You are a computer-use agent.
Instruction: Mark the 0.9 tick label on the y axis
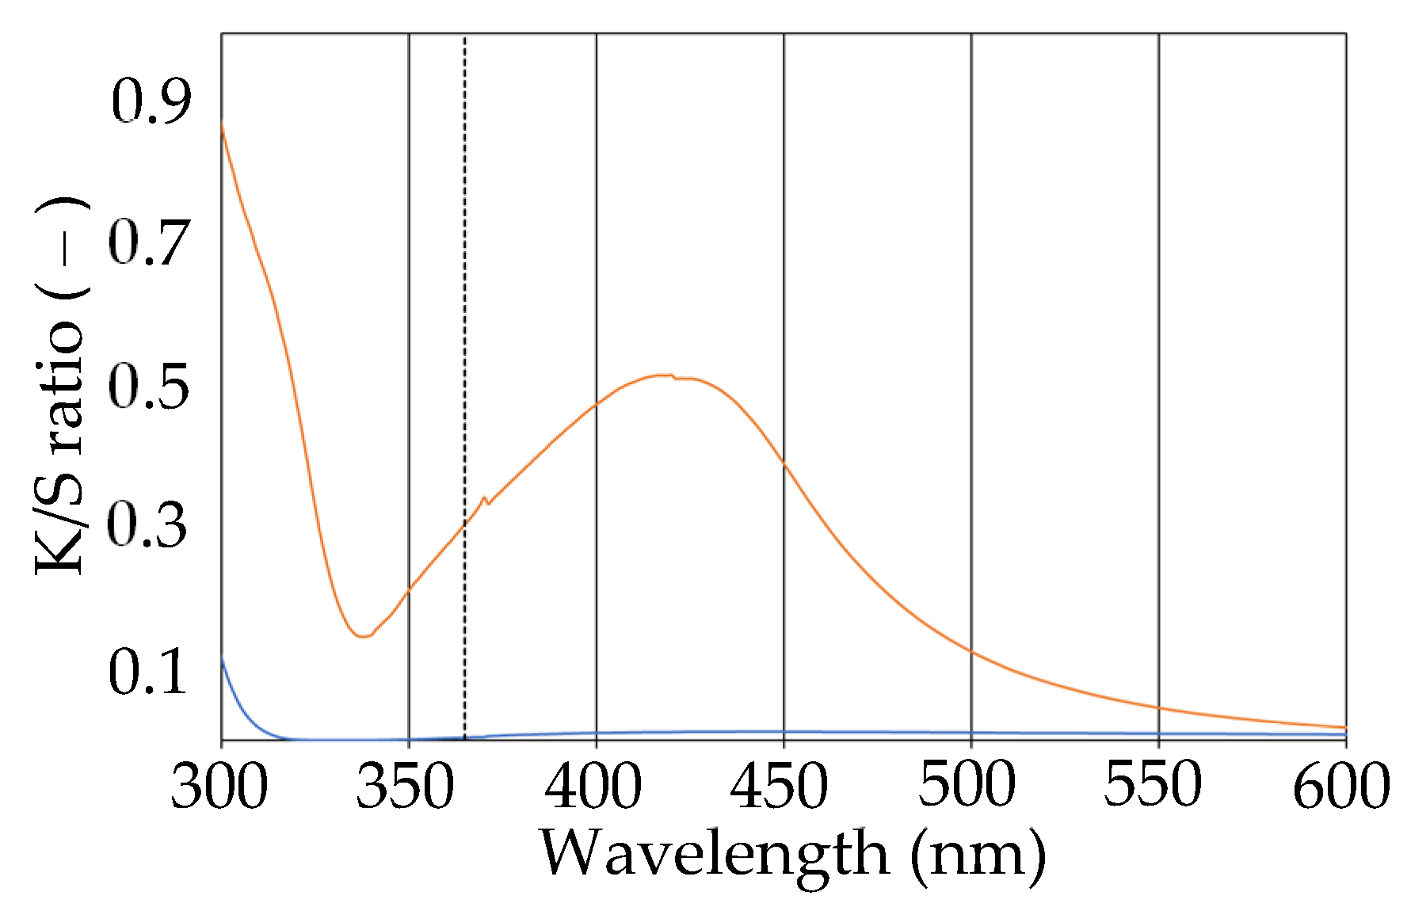pyautogui.click(x=151, y=101)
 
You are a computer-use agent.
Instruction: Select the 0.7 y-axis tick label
pyautogui.click(x=149, y=243)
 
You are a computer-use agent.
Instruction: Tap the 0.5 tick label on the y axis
pyautogui.click(x=149, y=387)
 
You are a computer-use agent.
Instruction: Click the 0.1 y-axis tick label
pyautogui.click(x=147, y=672)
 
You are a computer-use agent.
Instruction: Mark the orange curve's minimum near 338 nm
pyautogui.click(x=362, y=635)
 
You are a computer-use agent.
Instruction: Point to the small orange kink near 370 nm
pyautogui.click(x=485, y=499)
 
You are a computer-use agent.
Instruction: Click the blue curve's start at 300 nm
pyautogui.click(x=223, y=659)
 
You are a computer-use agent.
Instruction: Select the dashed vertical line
pyautogui.click(x=464, y=317)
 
